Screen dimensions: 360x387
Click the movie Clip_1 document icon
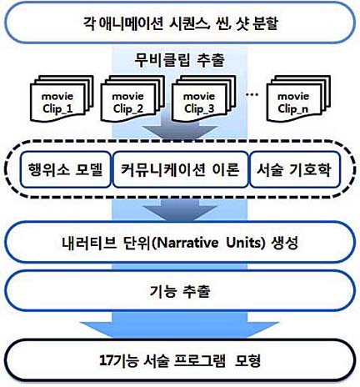[x=62, y=98]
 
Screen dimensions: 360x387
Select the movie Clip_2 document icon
[x=132, y=98]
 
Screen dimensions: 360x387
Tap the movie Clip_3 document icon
[x=203, y=98]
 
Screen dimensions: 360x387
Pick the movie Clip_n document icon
[x=298, y=98]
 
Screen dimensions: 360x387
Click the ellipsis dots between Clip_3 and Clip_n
[x=252, y=95]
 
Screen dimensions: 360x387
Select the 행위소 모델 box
[x=66, y=169]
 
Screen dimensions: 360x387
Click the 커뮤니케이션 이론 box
[x=181, y=169]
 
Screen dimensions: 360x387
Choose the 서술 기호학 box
[x=295, y=169]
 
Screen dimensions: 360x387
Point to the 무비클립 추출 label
[x=180, y=60]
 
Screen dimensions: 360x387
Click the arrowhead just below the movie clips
[x=180, y=132]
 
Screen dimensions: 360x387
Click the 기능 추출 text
[x=180, y=291]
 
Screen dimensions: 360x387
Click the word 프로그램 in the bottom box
[x=200, y=360]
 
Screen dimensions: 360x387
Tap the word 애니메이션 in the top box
[x=132, y=23]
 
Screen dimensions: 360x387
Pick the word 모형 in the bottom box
[x=247, y=360]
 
